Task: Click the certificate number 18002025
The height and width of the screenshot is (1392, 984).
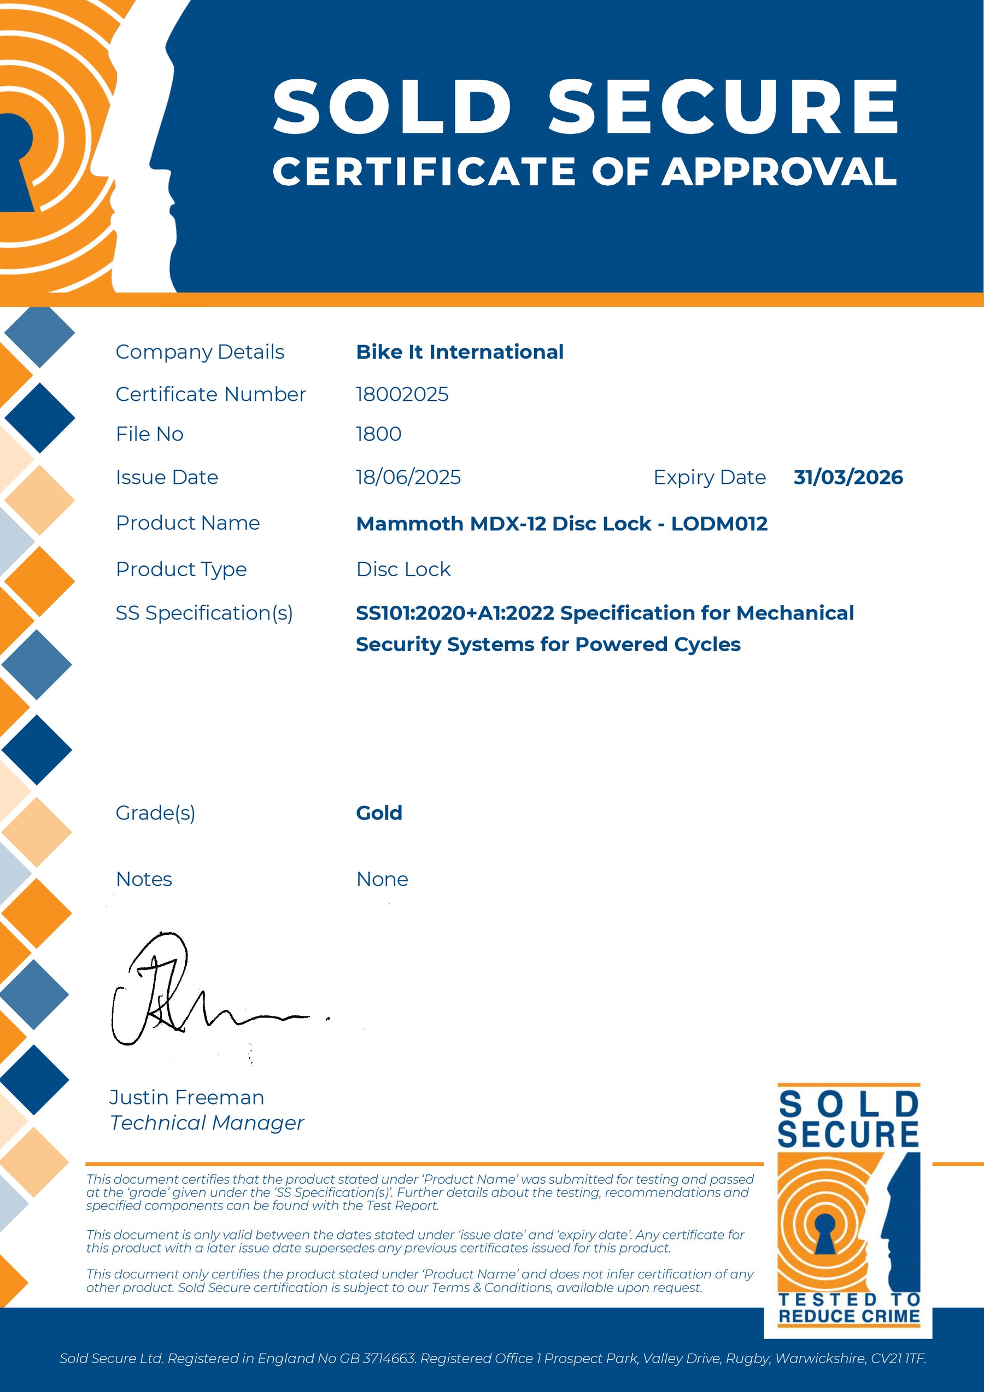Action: pyautogui.click(x=402, y=395)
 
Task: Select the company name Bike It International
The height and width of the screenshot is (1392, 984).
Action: pyautogui.click(x=460, y=352)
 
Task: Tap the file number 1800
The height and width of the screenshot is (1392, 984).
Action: pyautogui.click(x=378, y=434)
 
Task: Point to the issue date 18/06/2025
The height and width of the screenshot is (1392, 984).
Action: pyautogui.click(x=408, y=478)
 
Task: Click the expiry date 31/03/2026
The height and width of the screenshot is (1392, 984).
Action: pyautogui.click(x=847, y=478)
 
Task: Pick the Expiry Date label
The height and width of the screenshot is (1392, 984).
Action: pyautogui.click(x=710, y=478)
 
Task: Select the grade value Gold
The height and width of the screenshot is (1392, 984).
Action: pyautogui.click(x=379, y=813)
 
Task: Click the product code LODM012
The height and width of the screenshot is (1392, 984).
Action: pyautogui.click(x=719, y=524)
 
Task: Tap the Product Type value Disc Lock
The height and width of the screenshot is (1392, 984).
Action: pyautogui.click(x=403, y=569)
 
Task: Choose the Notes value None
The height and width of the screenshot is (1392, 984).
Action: pyautogui.click(x=382, y=879)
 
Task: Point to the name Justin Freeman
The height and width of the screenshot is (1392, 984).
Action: pyautogui.click(x=187, y=1097)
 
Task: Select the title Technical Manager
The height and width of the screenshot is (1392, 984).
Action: pyautogui.click(x=207, y=1123)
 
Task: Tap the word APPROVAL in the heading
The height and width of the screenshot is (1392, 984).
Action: pyautogui.click(x=779, y=172)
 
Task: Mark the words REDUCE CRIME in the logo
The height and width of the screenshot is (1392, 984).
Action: pyautogui.click(x=849, y=1316)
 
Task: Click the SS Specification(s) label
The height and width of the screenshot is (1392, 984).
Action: pyautogui.click(x=204, y=613)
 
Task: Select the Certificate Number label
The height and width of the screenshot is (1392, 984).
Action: pyautogui.click(x=210, y=395)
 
